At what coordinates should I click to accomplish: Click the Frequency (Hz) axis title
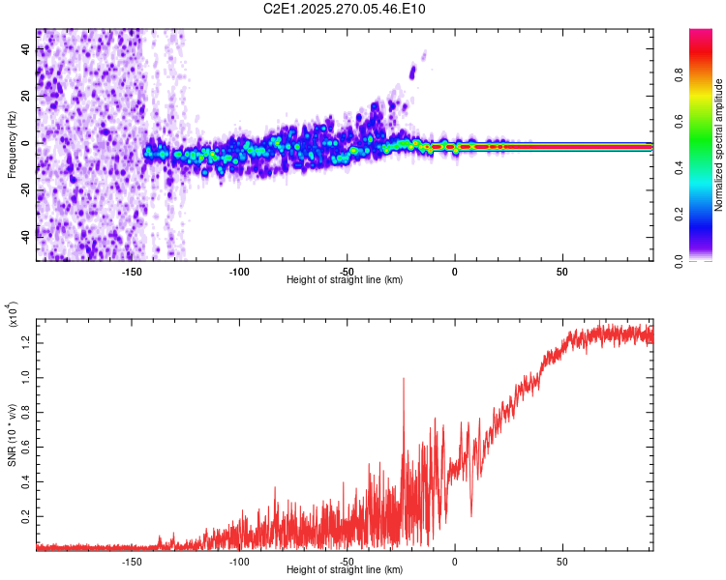12,144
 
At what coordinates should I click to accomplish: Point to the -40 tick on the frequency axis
25,235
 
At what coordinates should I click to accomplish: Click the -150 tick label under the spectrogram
132,271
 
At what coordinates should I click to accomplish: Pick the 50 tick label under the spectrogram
562,271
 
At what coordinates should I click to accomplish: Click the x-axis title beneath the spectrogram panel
345,280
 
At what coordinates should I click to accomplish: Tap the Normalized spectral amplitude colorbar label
719,145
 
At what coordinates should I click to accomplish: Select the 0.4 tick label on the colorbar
707,168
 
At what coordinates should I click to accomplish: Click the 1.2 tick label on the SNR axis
27,340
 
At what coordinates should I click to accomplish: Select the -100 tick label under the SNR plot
239,561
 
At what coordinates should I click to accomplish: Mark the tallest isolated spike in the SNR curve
403,379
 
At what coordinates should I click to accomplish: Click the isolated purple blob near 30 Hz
413,71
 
